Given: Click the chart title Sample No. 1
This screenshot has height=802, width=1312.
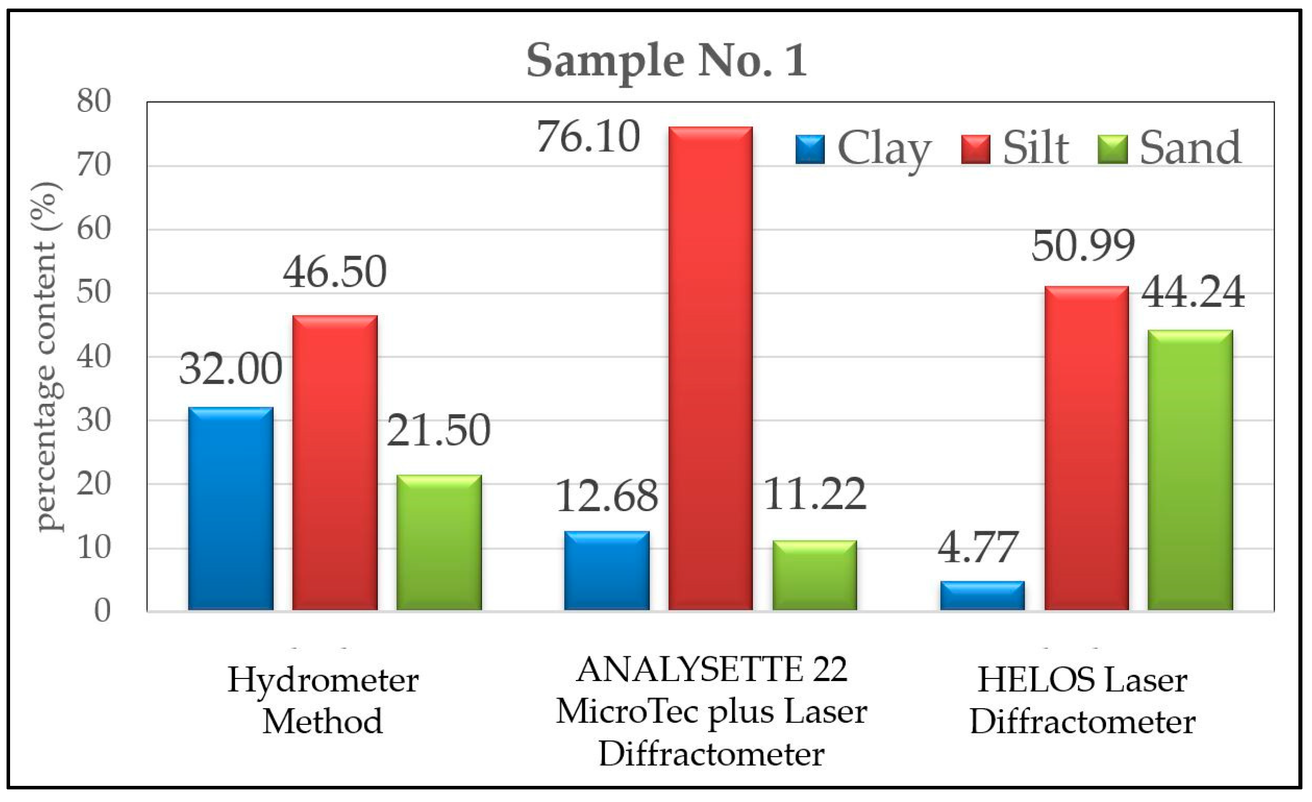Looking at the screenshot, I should tap(667, 60).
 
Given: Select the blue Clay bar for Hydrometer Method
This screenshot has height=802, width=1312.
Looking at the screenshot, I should tap(230, 509).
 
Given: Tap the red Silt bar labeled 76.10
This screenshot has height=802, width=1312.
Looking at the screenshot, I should tap(710, 369).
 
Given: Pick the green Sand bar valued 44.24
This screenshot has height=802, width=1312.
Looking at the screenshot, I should tap(1190, 470).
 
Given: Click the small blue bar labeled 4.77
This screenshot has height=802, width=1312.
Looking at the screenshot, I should tap(982, 596).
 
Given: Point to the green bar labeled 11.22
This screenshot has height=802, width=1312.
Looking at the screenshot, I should tap(815, 576).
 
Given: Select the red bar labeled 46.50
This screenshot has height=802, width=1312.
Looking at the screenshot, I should tap(335, 463).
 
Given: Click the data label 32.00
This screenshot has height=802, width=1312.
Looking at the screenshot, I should tap(230, 369).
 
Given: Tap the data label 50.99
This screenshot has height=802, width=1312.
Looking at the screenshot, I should tap(1083, 246).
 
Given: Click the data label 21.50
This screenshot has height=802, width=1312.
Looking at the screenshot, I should tap(438, 430).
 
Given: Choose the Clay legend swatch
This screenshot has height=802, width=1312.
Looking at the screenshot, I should tap(810, 150).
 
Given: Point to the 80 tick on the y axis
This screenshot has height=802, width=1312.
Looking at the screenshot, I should tap(94, 101).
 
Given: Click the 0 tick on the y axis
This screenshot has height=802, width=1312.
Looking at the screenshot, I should tap(103, 611).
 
